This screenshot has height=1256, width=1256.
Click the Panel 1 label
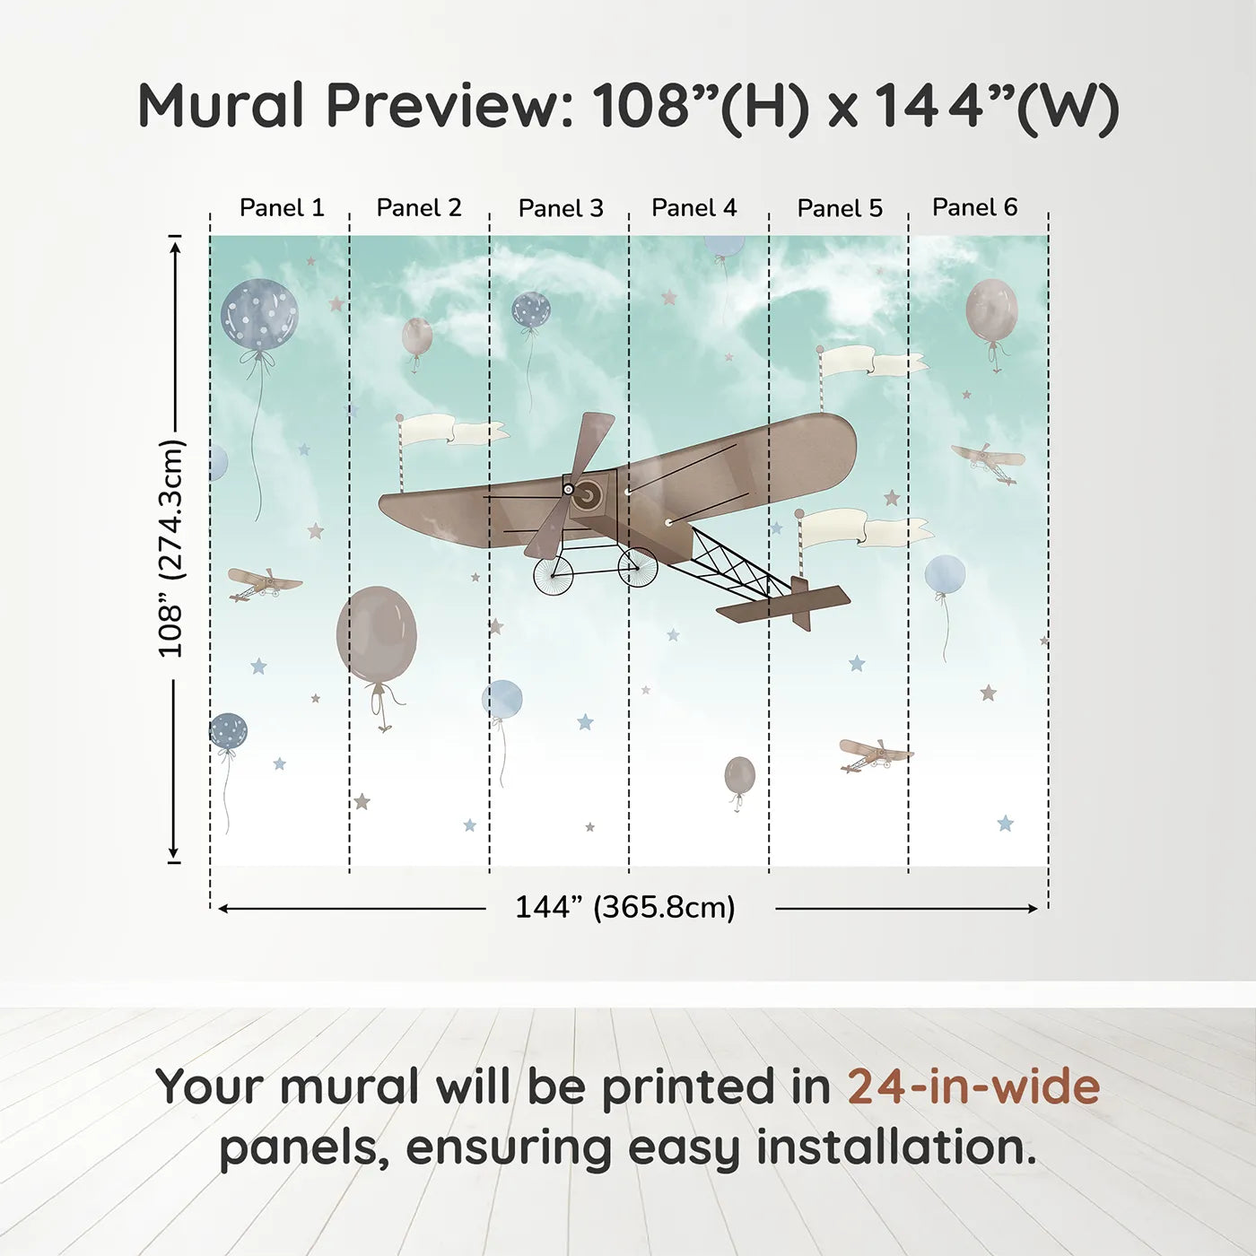pos(282,208)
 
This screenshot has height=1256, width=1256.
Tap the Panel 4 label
pos(693,208)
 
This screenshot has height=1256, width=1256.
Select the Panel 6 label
pos(974,207)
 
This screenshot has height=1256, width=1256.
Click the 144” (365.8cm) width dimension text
pos(625,907)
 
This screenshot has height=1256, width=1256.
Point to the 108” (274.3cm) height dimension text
pos(171,548)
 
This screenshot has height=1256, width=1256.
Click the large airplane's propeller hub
pos(569,489)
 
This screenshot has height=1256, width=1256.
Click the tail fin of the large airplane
pos(801,604)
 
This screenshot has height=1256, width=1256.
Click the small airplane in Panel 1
pos(265,583)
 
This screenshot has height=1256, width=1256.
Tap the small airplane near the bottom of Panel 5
pos(876,754)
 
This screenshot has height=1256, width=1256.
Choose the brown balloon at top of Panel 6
pos(991,311)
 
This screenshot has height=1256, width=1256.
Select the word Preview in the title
pos(450,105)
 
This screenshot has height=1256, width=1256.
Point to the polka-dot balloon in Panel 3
pos(531,310)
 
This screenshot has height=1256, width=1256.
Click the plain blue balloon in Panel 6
pos(945,574)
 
